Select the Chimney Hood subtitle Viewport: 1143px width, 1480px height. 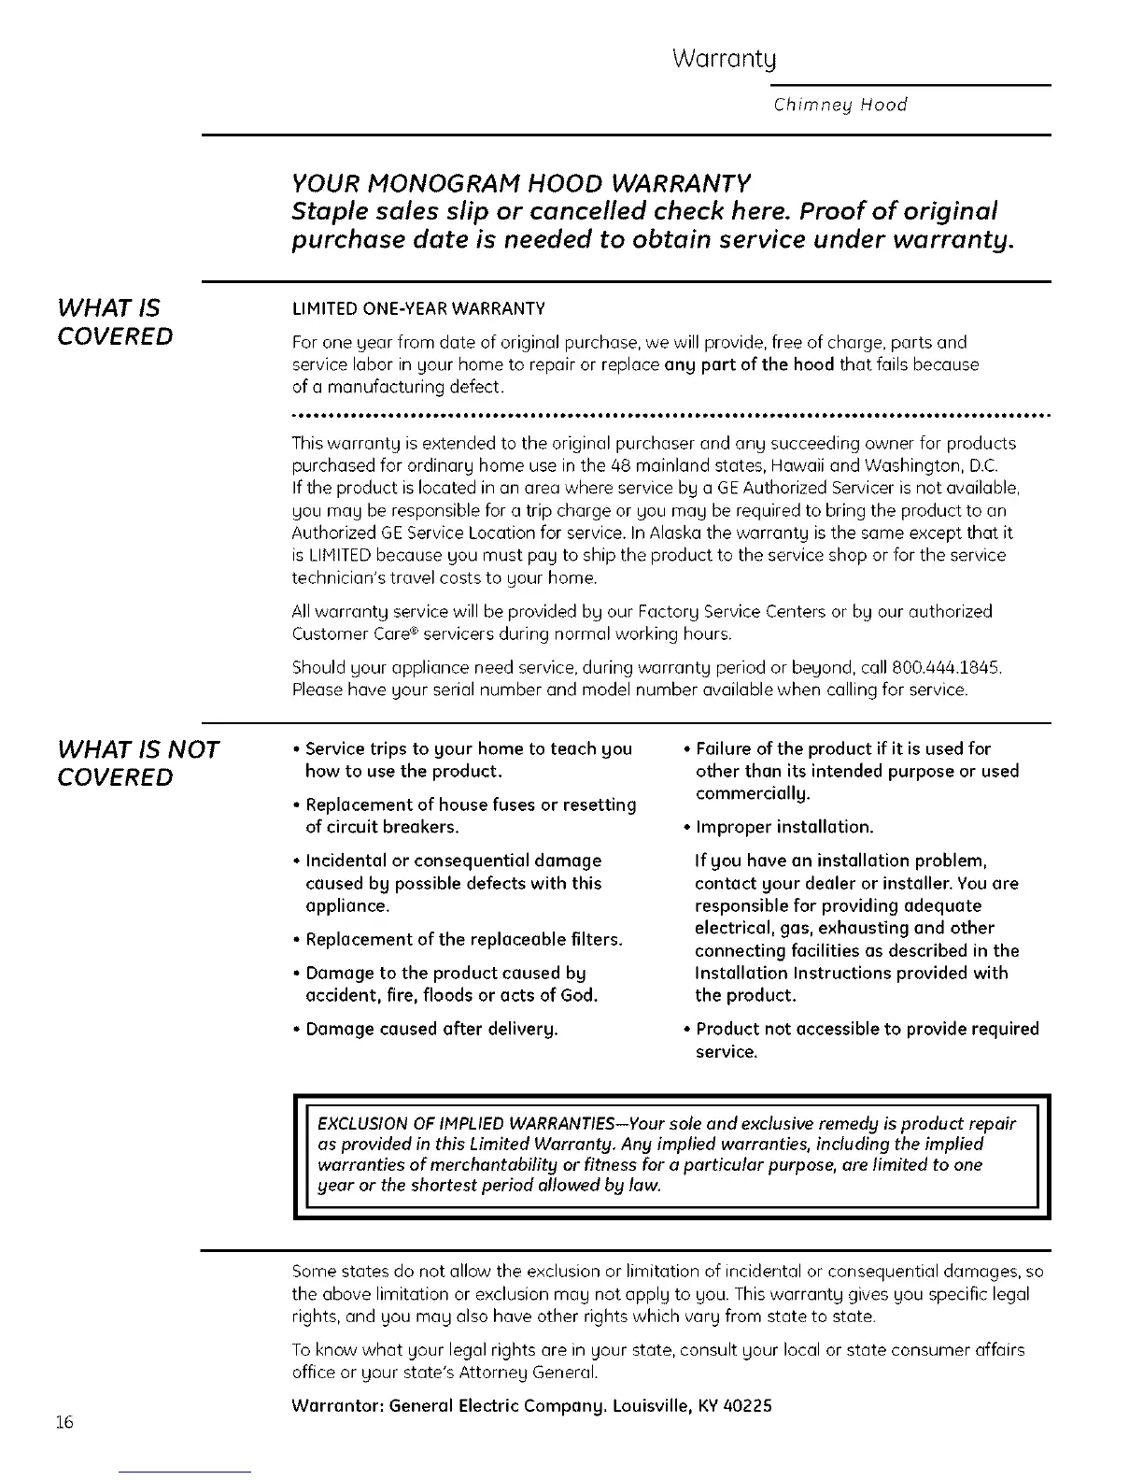(840, 105)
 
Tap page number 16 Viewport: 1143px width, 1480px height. (63, 1422)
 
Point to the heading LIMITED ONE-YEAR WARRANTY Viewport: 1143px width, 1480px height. (418, 309)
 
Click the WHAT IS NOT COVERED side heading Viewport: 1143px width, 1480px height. (137, 762)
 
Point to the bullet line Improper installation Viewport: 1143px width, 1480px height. (784, 827)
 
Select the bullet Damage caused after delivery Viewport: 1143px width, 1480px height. (431, 1029)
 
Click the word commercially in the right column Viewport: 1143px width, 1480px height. (753, 794)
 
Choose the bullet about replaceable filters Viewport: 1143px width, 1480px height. (463, 939)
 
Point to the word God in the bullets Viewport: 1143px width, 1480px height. (577, 995)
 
